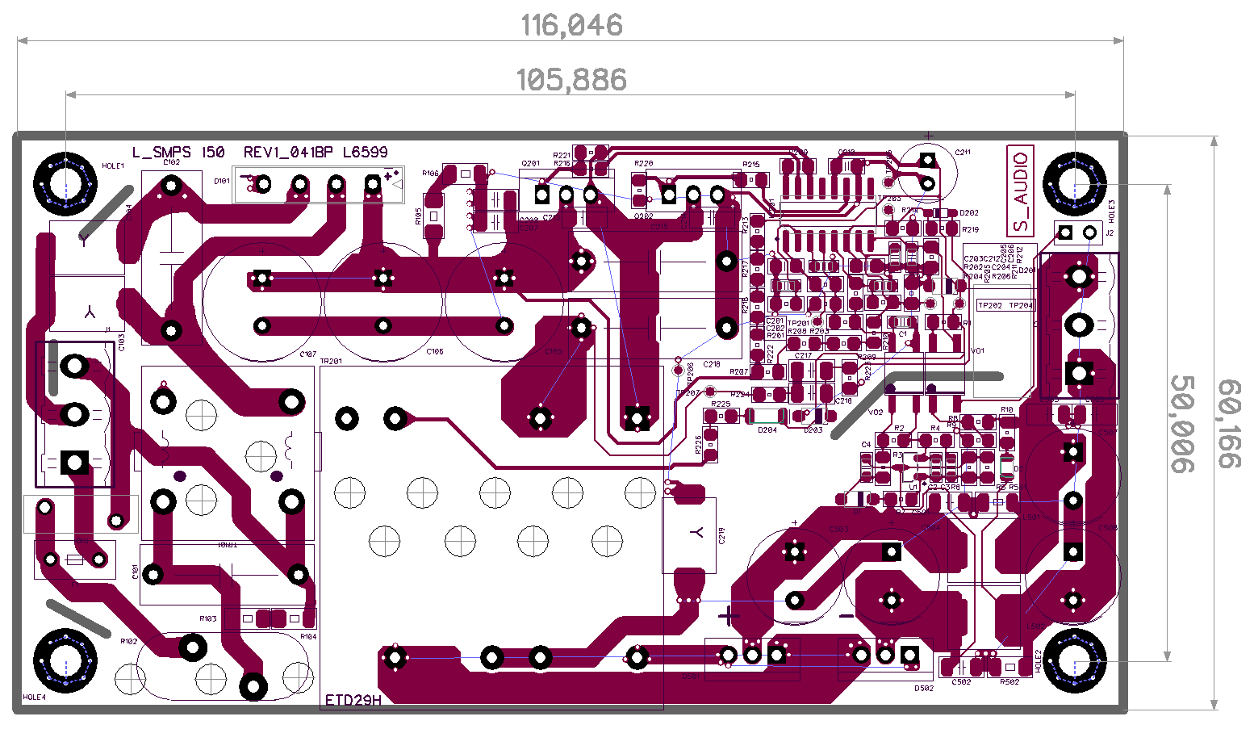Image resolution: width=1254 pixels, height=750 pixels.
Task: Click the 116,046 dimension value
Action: tap(571, 25)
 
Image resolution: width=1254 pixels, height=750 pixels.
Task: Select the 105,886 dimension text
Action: tap(571, 79)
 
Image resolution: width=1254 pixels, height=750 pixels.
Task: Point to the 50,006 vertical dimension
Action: tap(1182, 424)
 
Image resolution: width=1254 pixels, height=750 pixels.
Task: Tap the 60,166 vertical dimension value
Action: tap(1228, 424)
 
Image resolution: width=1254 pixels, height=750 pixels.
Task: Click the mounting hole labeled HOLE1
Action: tap(65, 184)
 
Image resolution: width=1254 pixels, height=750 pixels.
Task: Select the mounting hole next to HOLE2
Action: tap(1075, 662)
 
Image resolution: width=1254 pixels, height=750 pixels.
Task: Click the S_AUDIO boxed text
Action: tap(1021, 191)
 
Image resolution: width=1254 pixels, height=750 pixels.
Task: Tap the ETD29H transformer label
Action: tap(353, 700)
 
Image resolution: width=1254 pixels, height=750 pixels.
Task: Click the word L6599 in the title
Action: tap(365, 152)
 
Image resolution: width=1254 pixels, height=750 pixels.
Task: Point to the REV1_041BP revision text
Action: tap(288, 152)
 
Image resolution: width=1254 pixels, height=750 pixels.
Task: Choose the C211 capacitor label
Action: tap(963, 152)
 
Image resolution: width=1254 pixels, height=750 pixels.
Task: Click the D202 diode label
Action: tap(969, 213)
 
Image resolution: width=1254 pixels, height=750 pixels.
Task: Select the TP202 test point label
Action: tap(989, 306)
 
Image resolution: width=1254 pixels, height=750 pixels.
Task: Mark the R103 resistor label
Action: tap(208, 618)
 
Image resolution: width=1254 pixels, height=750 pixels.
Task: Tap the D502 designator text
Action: tap(924, 689)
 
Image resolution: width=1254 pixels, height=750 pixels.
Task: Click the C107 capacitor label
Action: tap(307, 354)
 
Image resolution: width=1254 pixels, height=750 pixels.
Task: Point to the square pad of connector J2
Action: tap(1064, 233)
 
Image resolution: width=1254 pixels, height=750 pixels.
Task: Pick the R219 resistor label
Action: tap(970, 230)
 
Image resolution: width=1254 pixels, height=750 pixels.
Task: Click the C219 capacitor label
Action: tap(721, 535)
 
